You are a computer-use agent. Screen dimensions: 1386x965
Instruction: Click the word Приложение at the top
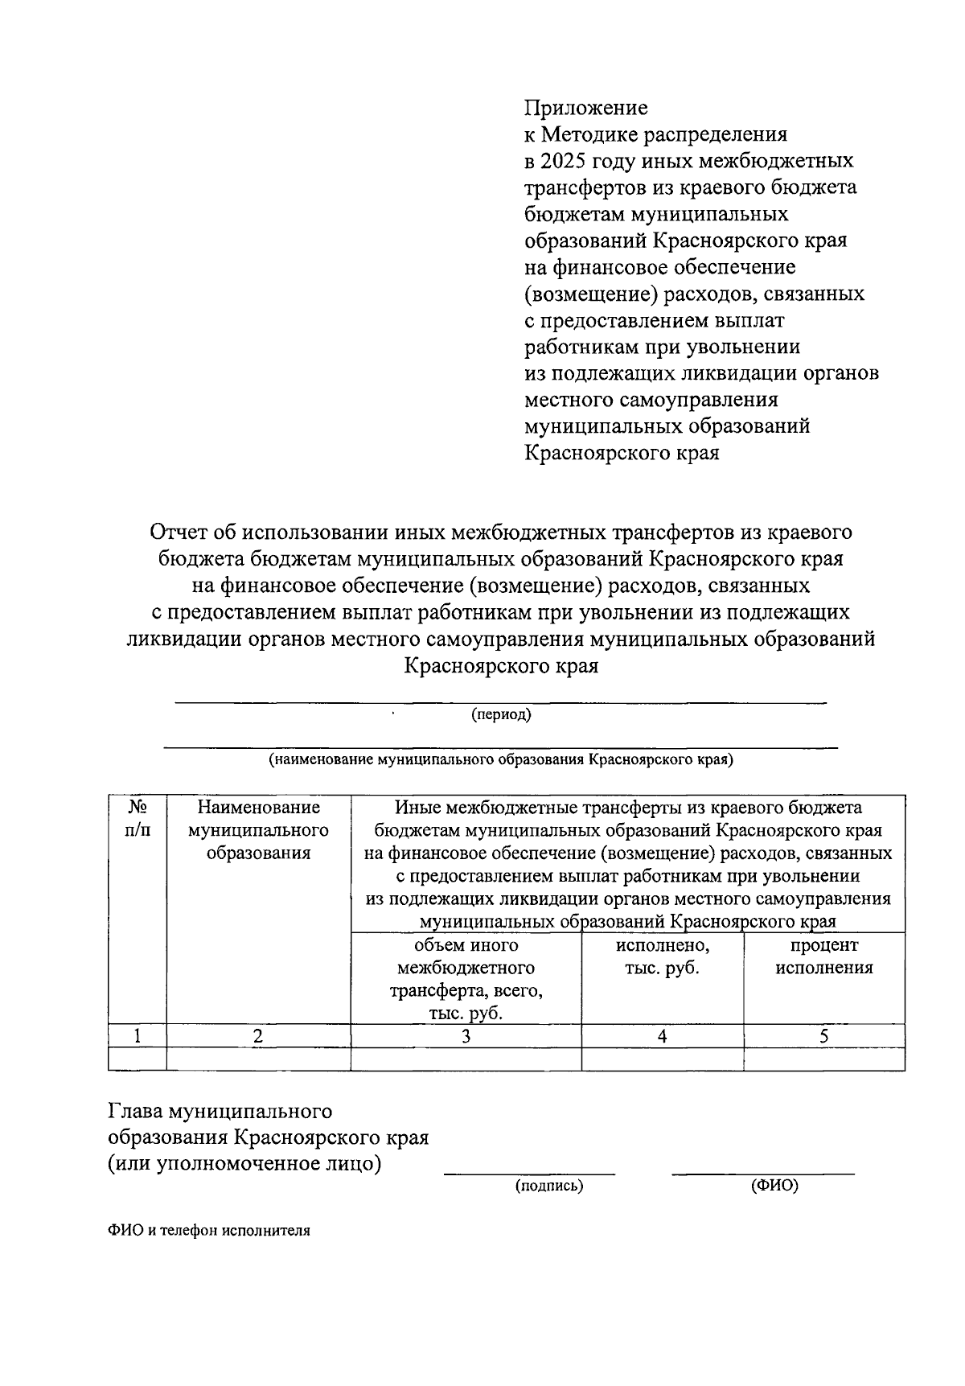pos(585,108)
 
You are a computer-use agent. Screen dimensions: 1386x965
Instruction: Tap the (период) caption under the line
pos(501,714)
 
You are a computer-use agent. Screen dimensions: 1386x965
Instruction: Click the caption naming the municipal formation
pos(500,759)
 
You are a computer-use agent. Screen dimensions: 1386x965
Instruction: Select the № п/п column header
pos(137,818)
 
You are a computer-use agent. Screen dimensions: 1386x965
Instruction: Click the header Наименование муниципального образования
pos(258,829)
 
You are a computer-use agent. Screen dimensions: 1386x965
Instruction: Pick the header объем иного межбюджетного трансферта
pos(466,979)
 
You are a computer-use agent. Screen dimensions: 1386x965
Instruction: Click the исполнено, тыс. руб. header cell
pos(662,956)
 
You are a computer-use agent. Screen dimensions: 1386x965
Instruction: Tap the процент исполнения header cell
pos(823,956)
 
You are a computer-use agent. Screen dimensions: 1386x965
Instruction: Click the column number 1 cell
pos(138,1036)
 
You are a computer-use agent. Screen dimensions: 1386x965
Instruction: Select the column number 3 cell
pos(466,1036)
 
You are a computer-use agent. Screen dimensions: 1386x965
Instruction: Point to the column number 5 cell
pos(823,1036)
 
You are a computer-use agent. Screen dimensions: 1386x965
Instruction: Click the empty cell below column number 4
pos(662,1059)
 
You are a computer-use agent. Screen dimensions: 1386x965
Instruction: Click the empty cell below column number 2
pos(258,1059)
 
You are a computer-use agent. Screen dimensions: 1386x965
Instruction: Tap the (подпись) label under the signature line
pos(548,1186)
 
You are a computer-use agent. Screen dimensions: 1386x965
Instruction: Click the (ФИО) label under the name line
pos(774,1186)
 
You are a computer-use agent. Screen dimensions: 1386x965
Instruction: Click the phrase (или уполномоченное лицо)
pos(244,1163)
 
